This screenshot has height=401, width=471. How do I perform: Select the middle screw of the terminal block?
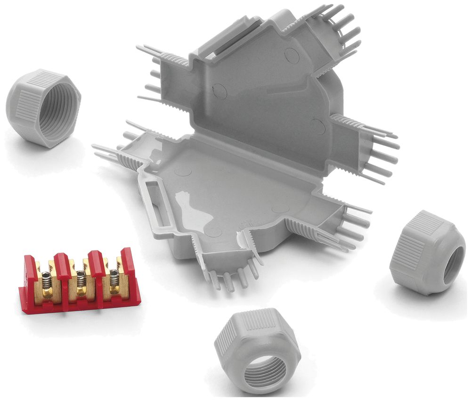[x=80, y=281]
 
